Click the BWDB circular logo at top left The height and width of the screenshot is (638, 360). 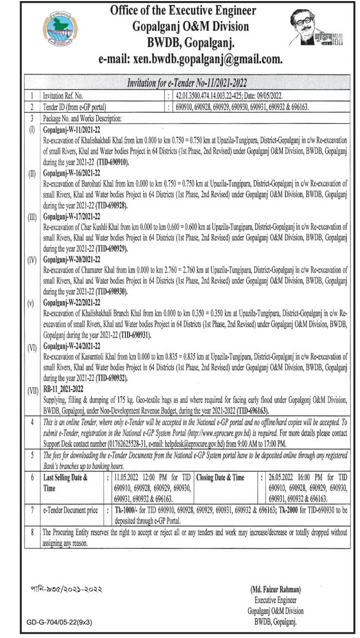[60, 30]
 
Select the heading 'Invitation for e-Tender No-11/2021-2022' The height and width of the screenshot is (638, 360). [187, 83]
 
